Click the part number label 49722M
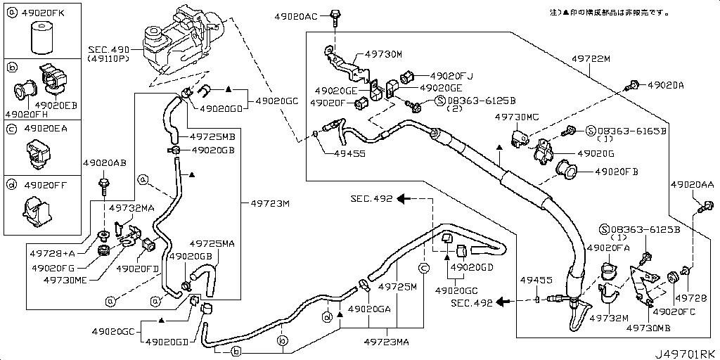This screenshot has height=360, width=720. click(590, 59)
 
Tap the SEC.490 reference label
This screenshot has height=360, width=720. click(111, 50)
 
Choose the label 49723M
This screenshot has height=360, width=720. click(270, 204)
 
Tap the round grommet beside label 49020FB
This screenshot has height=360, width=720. click(567, 169)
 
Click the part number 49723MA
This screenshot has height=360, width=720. click(387, 342)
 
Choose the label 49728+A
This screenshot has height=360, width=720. click(50, 252)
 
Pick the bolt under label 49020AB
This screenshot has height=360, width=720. click(104, 186)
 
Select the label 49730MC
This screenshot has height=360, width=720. click(517, 117)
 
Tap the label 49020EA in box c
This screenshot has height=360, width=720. click(46, 129)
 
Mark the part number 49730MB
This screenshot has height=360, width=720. click(648, 328)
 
